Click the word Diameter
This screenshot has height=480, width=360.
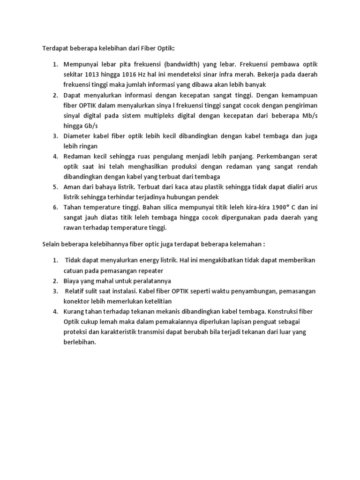[x=78, y=136]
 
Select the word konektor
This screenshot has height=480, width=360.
[x=78, y=301]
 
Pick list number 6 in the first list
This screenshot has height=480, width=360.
[x=54, y=207]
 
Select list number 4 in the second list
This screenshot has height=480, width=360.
[x=54, y=311]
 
